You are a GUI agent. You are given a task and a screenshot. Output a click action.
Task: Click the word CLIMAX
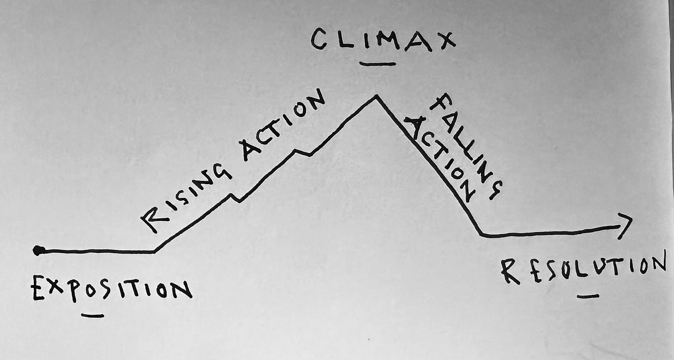pos(382,40)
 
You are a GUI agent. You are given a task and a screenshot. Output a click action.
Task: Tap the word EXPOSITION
pos(111,290)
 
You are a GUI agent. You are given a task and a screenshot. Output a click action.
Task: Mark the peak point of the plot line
pos(376,96)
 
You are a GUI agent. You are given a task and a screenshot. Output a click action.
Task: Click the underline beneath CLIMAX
pos(378,64)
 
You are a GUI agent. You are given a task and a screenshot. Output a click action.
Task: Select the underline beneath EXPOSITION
pos(93,316)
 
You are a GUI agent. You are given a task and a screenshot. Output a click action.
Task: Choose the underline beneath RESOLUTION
pos(588,296)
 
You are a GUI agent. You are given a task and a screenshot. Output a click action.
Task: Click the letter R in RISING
pos(153,220)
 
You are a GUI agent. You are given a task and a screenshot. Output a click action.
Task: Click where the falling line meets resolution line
pos(481,235)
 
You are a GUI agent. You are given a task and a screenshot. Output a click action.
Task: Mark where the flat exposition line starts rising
pos(155,252)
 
